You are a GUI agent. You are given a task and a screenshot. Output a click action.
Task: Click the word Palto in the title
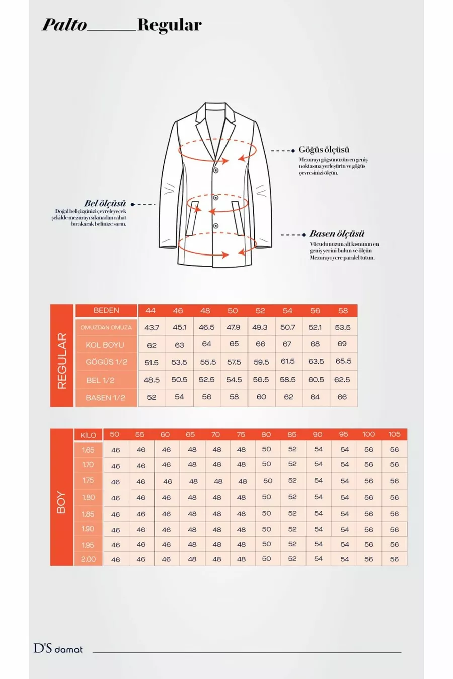64,25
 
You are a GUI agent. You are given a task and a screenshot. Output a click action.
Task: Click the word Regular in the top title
169,25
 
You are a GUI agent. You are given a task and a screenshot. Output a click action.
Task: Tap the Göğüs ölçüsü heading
324,150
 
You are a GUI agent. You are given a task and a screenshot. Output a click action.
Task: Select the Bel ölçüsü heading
105,204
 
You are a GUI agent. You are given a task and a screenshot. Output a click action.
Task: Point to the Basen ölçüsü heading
337,234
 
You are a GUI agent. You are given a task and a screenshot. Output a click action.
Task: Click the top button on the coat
215,171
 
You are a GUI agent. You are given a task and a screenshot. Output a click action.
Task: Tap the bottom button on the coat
215,226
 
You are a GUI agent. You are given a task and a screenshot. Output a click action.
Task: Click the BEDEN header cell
106,310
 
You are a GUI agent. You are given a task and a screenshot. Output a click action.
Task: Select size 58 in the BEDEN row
343,311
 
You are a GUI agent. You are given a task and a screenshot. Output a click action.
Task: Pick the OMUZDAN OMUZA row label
106,327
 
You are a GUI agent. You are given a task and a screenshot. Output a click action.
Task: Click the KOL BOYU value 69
342,344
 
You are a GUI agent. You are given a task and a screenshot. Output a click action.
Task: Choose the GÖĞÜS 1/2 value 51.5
152,362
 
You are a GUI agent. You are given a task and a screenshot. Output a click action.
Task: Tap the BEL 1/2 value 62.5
342,380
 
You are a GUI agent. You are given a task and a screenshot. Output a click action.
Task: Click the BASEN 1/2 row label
106,398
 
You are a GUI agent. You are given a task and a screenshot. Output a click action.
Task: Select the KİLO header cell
88,435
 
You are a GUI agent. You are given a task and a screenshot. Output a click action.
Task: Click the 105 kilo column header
394,434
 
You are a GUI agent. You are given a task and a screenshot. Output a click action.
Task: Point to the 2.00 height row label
88,559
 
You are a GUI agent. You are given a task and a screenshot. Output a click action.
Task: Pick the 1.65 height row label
88,450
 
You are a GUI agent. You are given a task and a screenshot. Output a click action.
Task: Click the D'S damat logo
58,649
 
